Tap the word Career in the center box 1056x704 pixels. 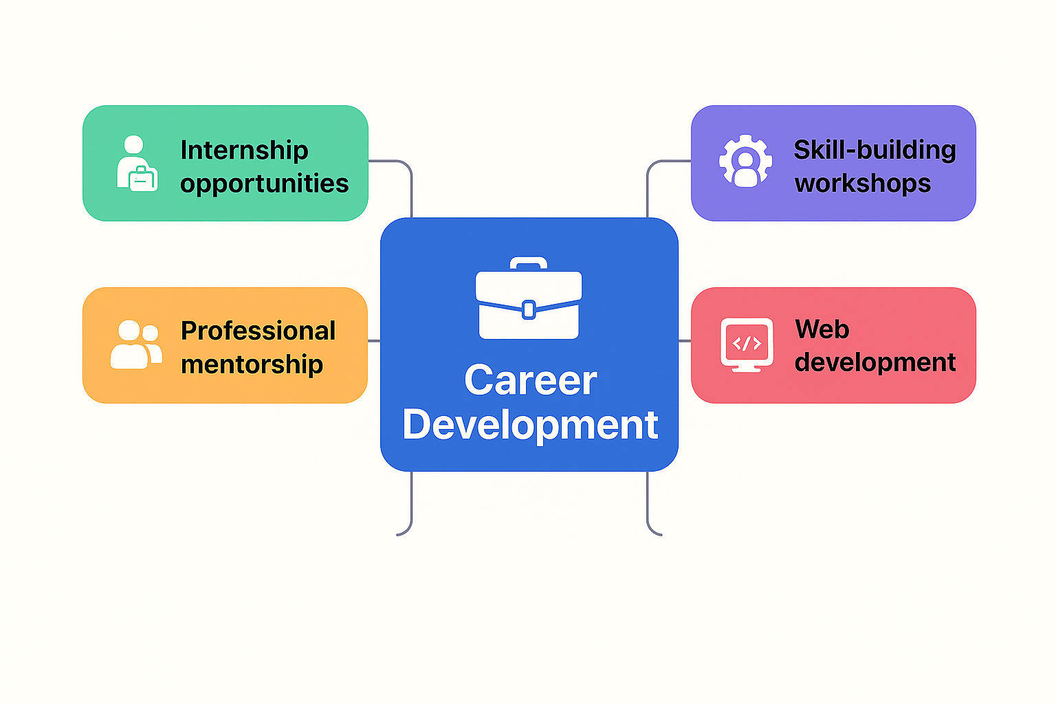(530, 380)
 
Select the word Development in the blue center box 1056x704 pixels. (530, 424)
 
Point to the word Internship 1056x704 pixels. (244, 150)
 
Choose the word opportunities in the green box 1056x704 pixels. (264, 184)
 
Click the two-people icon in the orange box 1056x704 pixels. (136, 344)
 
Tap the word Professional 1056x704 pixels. (258, 331)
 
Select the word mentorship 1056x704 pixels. (252, 364)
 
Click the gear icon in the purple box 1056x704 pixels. (745, 162)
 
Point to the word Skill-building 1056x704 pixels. (874, 150)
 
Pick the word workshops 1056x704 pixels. (863, 184)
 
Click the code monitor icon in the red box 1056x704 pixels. (747, 344)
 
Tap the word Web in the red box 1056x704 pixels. (822, 329)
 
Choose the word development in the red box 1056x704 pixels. (875, 362)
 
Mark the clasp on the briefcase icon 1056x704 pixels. (529, 310)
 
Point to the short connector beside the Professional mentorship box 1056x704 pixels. (374, 340)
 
